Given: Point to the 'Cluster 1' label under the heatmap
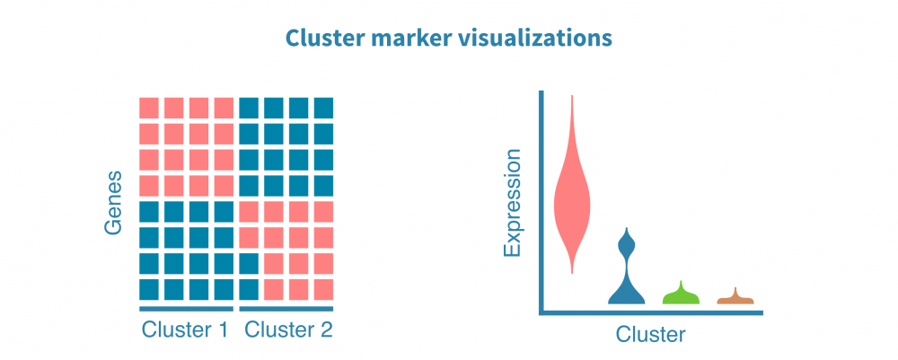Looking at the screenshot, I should pos(185,330).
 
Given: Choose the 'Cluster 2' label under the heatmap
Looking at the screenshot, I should pos(289,330).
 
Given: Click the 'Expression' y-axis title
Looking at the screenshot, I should pos(513,205).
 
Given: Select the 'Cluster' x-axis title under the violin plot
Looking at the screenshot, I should pos(650,336).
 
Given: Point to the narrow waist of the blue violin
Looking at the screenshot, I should pos(627,265).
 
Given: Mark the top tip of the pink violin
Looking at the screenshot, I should pos(573,97).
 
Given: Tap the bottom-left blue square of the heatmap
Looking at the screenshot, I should pos(149,289).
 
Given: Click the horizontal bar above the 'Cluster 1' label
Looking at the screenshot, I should pos(186,310).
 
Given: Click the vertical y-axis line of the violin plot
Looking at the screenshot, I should pos(541,202).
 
